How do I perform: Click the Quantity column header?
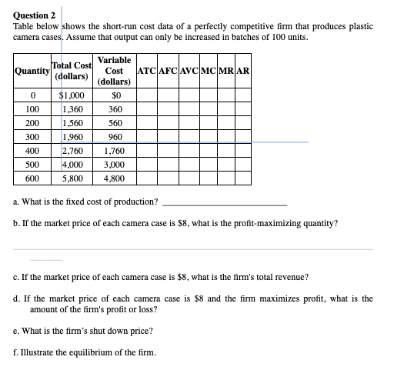click(31, 72)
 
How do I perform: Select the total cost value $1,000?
click(77, 96)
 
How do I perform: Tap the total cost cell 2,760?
click(77, 152)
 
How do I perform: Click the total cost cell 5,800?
click(77, 178)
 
